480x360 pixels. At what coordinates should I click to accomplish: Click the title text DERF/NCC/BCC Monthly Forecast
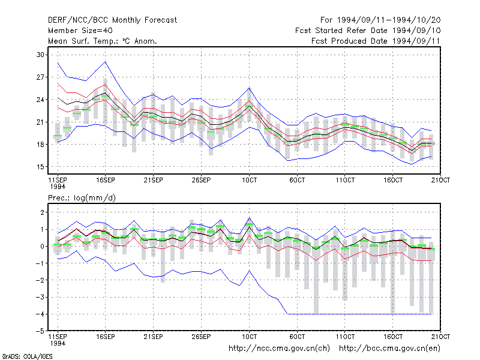point(112,20)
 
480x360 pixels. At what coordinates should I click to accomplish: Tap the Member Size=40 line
point(80,31)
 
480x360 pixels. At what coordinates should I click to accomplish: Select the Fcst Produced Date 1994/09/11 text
point(376,41)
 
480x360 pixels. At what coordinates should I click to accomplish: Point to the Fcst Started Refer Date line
point(368,31)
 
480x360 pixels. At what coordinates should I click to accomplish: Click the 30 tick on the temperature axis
point(40,55)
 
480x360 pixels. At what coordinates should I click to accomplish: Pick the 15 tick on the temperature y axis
point(40,167)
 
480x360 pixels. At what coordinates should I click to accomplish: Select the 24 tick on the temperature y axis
point(40,100)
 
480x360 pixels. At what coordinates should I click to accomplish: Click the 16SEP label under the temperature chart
point(106,180)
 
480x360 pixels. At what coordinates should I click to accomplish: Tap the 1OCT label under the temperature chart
point(249,180)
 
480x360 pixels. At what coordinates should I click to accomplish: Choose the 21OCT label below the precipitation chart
point(440,337)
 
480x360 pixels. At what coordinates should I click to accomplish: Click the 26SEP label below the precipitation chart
point(201,337)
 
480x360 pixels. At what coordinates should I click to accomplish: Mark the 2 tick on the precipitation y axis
point(42,212)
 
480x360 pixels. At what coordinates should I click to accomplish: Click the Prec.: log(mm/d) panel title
point(82,198)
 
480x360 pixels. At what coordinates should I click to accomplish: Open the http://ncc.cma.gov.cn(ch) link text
point(279,349)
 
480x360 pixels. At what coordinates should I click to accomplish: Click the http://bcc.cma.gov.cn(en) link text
point(389,349)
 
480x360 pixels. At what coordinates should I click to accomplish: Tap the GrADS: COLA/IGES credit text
point(27,356)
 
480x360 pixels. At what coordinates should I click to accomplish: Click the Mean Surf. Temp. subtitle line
point(102,41)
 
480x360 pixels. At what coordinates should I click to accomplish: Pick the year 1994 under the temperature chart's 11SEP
point(58,187)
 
